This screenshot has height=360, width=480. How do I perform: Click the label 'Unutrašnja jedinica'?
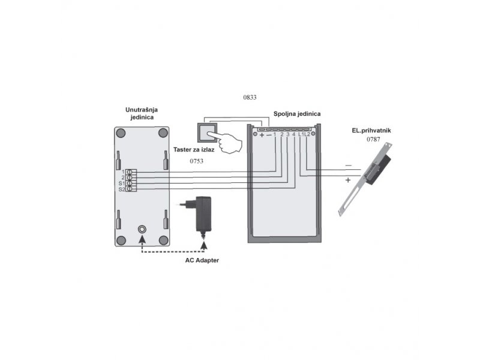(x=142, y=113)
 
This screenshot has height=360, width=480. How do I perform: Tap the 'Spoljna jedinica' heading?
(x=297, y=114)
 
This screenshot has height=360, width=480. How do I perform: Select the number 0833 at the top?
(x=250, y=97)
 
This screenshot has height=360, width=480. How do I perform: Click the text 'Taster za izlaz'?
(x=194, y=149)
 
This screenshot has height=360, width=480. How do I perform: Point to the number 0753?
(x=197, y=161)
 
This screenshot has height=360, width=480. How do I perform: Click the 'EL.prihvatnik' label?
(x=371, y=130)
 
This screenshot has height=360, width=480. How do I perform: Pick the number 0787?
(x=373, y=139)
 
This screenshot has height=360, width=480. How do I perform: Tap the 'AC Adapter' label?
(x=202, y=260)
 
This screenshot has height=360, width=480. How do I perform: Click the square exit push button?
(x=207, y=133)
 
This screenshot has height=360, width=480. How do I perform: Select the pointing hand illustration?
(x=227, y=142)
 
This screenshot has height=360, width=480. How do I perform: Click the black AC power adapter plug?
(x=200, y=214)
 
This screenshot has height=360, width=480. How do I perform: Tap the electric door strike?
(x=366, y=179)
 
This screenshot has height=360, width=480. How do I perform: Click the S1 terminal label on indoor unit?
(x=122, y=184)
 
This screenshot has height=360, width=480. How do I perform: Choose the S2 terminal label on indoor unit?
(x=122, y=190)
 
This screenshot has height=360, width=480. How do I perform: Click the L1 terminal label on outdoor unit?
(x=301, y=134)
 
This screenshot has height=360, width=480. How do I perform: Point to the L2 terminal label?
(x=307, y=134)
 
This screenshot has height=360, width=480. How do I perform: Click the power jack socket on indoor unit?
(x=142, y=229)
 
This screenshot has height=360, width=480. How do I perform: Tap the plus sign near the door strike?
(x=348, y=180)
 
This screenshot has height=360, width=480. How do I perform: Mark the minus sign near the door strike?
(x=349, y=166)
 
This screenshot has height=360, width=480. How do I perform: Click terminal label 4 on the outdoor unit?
(x=293, y=134)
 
